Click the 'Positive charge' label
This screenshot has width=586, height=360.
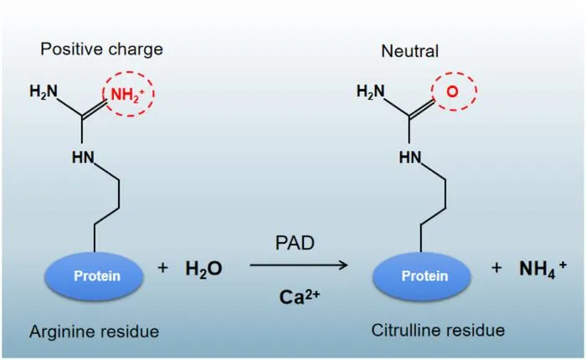click(101, 49)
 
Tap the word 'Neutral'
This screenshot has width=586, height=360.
click(410, 51)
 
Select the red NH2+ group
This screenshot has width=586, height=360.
click(127, 95)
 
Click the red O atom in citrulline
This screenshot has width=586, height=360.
click(452, 91)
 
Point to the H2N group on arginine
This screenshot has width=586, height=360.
click(44, 91)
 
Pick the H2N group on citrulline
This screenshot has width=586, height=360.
click(370, 91)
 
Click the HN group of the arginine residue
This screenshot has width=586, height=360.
click(83, 157)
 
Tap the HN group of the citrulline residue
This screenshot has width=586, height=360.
click(410, 157)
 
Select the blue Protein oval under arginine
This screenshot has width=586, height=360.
click(94, 276)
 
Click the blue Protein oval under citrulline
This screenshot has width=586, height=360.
click(422, 276)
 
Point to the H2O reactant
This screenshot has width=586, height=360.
click(203, 269)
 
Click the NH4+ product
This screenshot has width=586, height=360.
click(542, 269)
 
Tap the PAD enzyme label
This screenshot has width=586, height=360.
click(295, 244)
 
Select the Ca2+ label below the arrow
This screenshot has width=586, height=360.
click(300, 297)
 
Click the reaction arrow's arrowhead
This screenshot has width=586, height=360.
click(344, 265)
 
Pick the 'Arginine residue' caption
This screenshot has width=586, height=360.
click(94, 332)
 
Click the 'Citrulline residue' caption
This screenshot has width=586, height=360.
click(438, 331)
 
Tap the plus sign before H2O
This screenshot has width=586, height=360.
click(162, 268)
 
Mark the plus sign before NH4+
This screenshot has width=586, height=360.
click(496, 268)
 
